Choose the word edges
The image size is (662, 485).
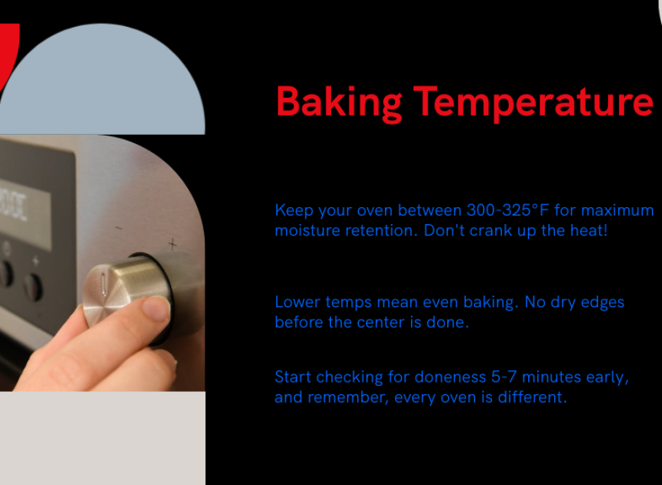(603, 303)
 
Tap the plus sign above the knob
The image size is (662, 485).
(172, 243)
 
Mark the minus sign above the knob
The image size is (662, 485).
(119, 229)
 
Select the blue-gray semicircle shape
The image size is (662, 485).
(102, 79)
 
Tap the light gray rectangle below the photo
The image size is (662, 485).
(102, 438)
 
